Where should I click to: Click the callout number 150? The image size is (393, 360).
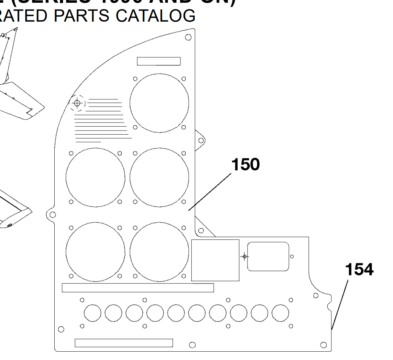pos(246,165)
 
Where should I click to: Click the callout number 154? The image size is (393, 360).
pos(359,270)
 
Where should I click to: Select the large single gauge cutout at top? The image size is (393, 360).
pos(159,102)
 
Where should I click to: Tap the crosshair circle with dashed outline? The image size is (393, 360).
pos(77,103)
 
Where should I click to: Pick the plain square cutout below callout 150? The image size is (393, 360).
pos(216,260)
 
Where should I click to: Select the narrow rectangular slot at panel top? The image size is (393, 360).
pos(159,61)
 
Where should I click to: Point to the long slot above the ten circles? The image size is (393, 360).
pos(137,288)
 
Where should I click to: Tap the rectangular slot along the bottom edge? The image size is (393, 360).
pos(124,343)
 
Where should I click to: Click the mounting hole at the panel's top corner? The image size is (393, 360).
pos(188,38)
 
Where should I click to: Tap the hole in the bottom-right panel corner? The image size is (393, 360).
pos(323,345)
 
